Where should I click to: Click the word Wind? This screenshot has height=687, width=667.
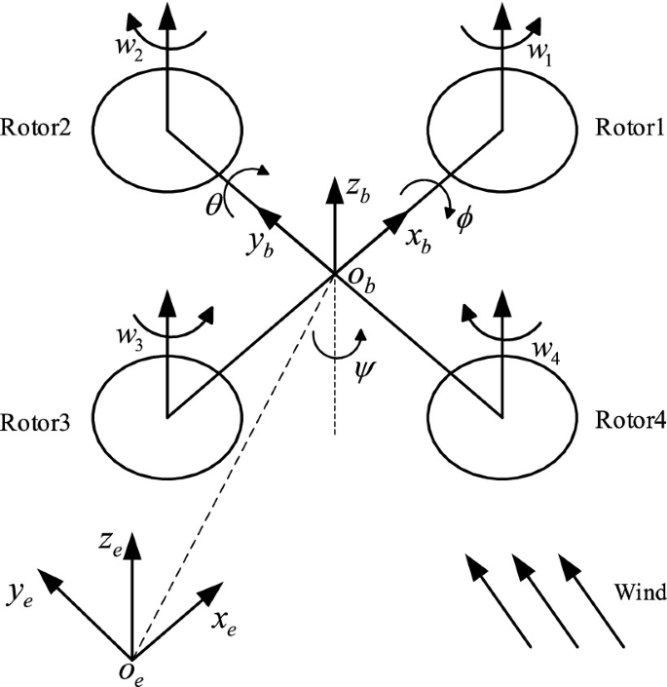point(640,592)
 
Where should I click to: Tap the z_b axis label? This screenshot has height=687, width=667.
point(361,190)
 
